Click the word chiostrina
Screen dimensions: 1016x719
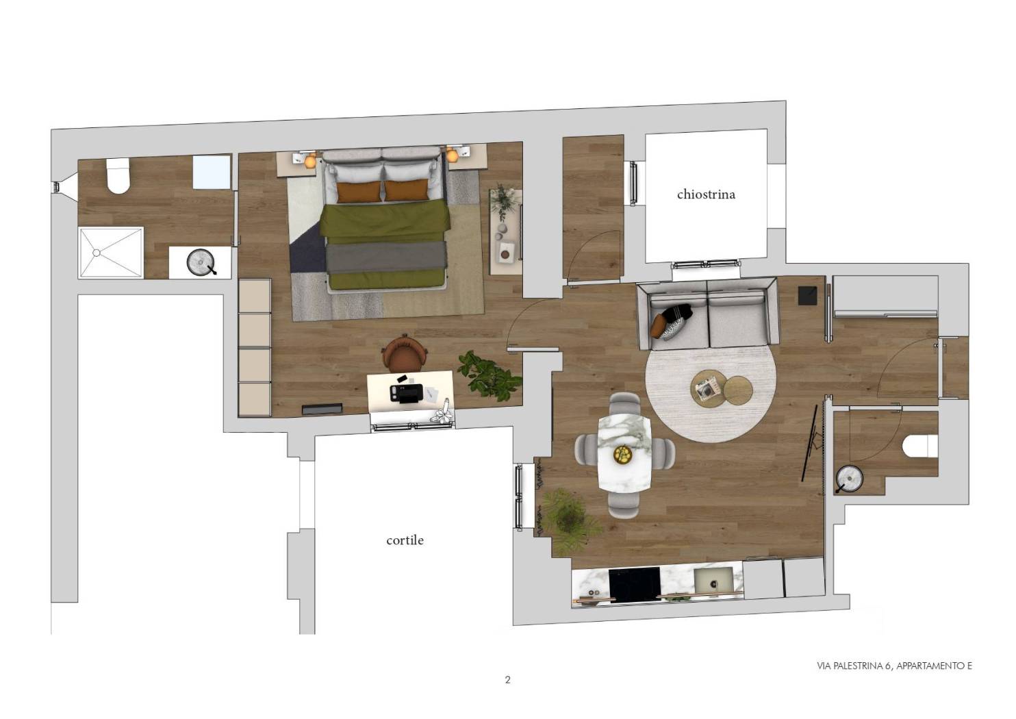pos(706,194)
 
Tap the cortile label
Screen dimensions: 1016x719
pos(405,540)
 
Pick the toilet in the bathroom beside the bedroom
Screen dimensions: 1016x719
pos(118,175)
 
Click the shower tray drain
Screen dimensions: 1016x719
pos(96,253)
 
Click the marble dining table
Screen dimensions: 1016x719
pos(624,453)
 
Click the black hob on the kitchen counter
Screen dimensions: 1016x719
pos(635,584)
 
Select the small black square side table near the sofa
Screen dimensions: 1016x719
pos(808,295)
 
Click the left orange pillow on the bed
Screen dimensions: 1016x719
pos(359,192)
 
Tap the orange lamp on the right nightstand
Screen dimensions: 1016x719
pos(452,155)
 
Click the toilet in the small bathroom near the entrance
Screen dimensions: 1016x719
pos(920,446)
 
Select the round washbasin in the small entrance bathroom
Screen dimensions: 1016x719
pos(850,478)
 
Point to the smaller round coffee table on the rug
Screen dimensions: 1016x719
pos(738,390)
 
